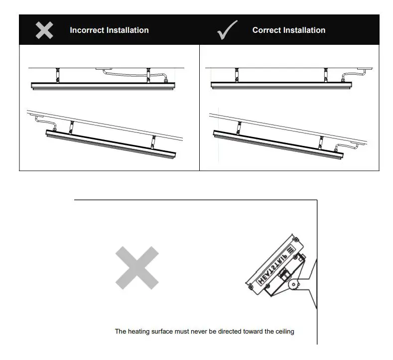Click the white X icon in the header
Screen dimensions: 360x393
pos(44,30)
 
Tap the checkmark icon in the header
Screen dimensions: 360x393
pos(227,30)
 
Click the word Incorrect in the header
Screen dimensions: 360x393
pos(87,30)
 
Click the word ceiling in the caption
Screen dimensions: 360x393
pos(283,331)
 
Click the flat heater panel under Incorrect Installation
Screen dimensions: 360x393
pos(103,86)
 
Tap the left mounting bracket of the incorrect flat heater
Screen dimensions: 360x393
pos(58,75)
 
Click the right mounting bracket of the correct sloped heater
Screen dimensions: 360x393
pos(322,141)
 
